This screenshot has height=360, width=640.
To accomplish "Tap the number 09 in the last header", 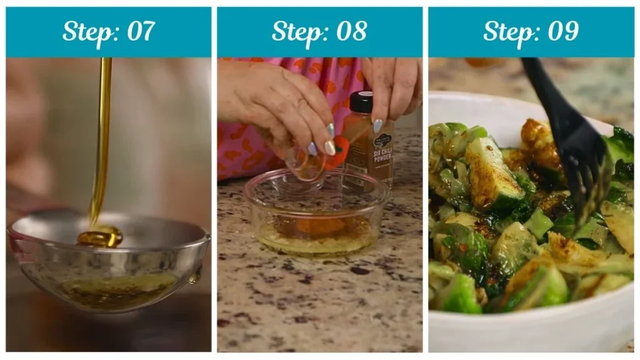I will [562, 32].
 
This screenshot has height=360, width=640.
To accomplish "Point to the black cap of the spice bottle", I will [361, 102].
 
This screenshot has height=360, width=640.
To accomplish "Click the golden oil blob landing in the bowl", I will [100, 236].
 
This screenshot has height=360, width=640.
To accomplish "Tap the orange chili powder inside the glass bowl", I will [319, 226].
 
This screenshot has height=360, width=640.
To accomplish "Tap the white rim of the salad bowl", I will [531, 331].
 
